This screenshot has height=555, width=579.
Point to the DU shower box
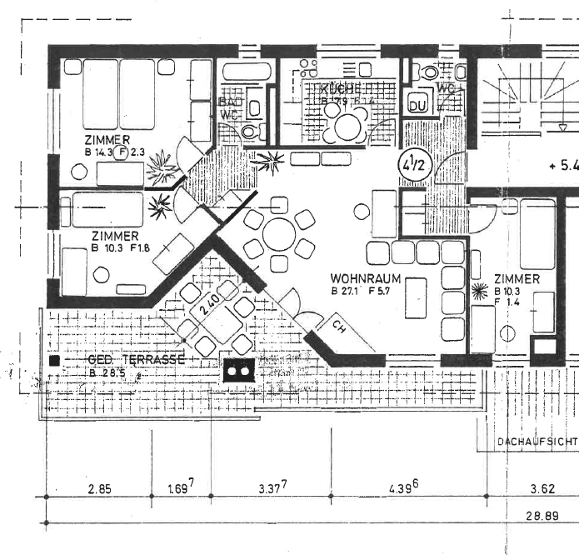pyautogui.click(x=418, y=105)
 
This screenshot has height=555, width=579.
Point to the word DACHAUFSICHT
pyautogui.click(x=536, y=440)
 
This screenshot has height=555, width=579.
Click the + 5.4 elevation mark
pyautogui.click(x=563, y=165)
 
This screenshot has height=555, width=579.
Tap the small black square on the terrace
pyautogui.click(x=55, y=362)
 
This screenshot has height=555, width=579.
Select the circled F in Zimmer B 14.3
pyautogui.click(x=122, y=152)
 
